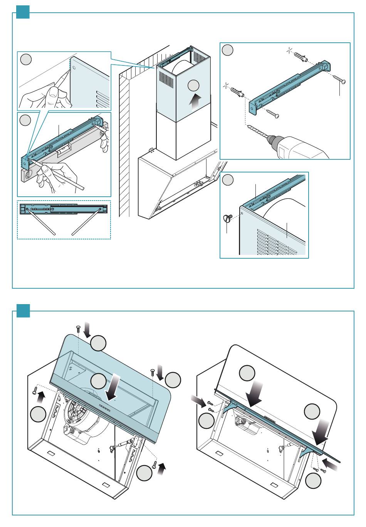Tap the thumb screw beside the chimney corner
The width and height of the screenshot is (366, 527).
227,219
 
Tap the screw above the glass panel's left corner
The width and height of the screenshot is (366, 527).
78,328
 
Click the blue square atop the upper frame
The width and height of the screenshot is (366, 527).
23,12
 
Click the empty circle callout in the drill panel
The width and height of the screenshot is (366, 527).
228,50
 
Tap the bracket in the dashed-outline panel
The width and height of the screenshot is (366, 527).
64,209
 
